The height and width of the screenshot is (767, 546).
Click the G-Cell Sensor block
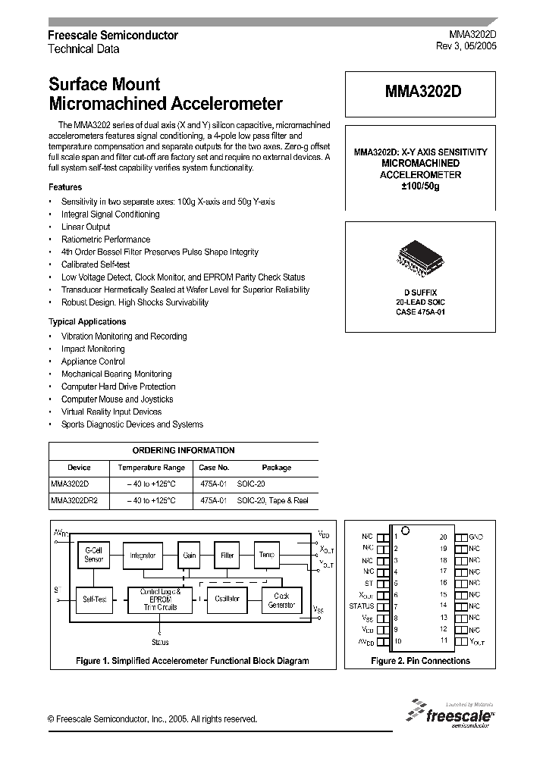tap(94, 554)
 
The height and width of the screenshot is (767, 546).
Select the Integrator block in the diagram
tap(143, 555)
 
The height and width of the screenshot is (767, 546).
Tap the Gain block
tap(190, 555)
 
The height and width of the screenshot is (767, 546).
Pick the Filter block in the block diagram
tap(227, 555)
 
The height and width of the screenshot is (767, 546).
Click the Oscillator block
tap(227, 599)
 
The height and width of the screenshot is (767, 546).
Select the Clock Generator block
tap(281, 600)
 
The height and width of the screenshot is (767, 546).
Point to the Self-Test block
tap(94, 599)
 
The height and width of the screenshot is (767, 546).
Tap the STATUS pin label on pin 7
tap(362, 606)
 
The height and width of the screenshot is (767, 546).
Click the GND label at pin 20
tap(476, 537)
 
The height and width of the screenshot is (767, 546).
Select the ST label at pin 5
tap(369, 583)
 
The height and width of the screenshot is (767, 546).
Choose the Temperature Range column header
tap(151, 468)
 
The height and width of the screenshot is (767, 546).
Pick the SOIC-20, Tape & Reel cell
tap(272, 501)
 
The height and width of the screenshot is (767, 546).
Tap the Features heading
tap(65, 187)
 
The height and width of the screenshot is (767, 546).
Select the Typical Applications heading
tap(87, 321)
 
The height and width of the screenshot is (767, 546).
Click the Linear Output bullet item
tap(86, 227)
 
